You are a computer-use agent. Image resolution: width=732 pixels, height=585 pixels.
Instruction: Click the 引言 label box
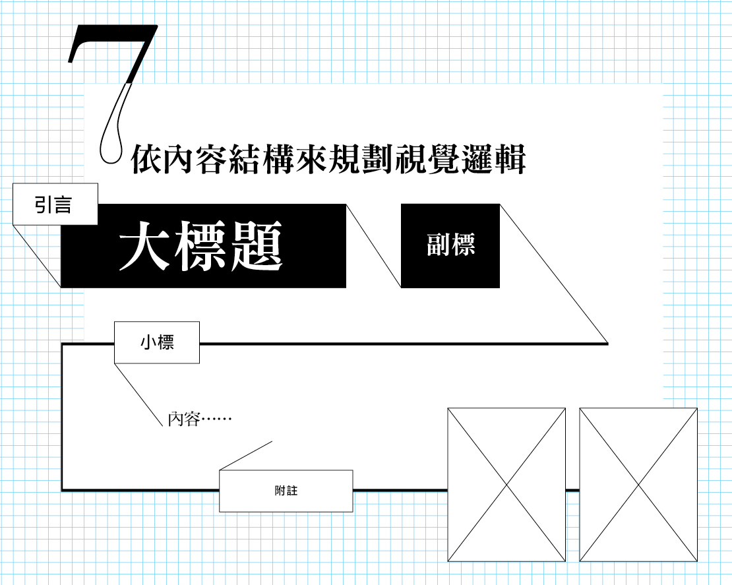pyautogui.click(x=55, y=204)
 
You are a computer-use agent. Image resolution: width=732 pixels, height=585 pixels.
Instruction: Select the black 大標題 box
pyautogui.click(x=204, y=246)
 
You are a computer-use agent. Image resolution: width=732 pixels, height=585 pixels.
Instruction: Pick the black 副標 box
pyautogui.click(x=450, y=246)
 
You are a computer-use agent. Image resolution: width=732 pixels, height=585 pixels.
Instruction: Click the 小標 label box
pyautogui.click(x=157, y=342)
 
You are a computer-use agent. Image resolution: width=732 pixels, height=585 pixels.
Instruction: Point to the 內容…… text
pyautogui.click(x=200, y=419)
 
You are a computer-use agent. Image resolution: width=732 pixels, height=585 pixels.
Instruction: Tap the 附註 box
pyautogui.click(x=286, y=491)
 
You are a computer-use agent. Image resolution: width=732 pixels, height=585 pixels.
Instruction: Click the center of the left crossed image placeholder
pyautogui.click(x=506, y=485)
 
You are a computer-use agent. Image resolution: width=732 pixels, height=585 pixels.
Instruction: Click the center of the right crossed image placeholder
pyautogui.click(x=638, y=485)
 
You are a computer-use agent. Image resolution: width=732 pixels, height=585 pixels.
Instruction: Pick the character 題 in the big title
pyautogui.click(x=257, y=245)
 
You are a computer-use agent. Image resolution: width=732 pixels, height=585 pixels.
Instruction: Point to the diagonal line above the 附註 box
pyautogui.click(x=245, y=456)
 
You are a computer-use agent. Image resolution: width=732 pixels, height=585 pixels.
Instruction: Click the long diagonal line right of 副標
pyautogui.click(x=554, y=274)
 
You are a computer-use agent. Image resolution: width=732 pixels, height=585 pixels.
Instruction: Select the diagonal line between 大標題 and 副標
pyautogui.click(x=373, y=246)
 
